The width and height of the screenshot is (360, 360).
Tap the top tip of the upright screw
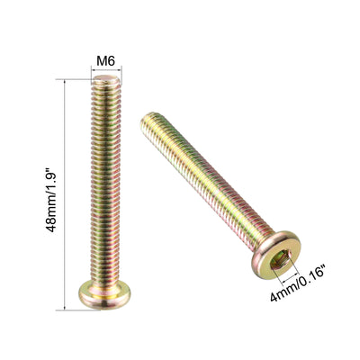pyautogui.click(x=109, y=81)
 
